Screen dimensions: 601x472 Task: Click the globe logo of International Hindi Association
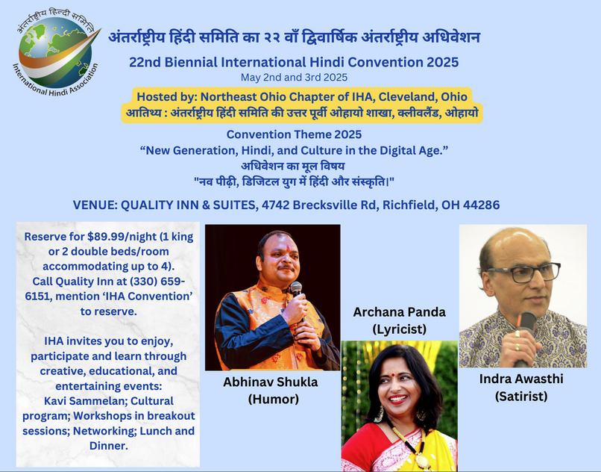click(57, 52)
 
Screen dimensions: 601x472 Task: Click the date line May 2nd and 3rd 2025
click(294, 78)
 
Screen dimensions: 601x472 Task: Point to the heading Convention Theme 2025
click(294, 134)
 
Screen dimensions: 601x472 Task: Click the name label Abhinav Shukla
click(271, 382)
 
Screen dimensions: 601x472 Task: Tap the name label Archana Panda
click(400, 312)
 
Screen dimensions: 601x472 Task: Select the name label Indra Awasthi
click(521, 379)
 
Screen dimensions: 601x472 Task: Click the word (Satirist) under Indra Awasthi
click(521, 397)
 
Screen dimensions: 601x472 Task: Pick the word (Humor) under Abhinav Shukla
click(274, 400)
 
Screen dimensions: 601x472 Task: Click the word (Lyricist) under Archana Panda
click(400, 329)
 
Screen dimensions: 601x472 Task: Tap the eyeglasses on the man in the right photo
click(524, 273)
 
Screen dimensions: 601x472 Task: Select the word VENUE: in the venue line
click(95, 205)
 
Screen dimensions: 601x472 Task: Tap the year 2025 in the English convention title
click(443, 62)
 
